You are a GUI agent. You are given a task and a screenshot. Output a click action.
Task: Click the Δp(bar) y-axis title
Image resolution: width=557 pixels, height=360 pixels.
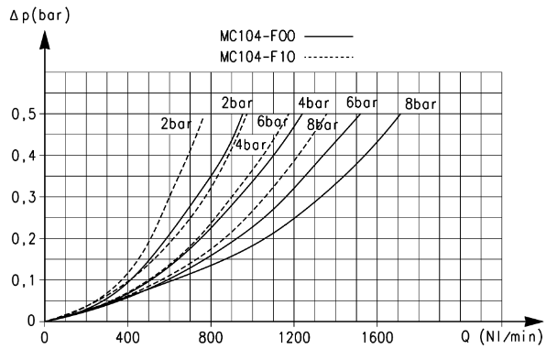pyautogui.click(x=39, y=16)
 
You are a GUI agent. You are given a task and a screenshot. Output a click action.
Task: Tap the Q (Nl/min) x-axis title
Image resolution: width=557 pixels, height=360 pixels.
pyautogui.click(x=502, y=336)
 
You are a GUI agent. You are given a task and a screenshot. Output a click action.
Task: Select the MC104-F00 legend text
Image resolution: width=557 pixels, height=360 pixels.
pyautogui.click(x=257, y=37)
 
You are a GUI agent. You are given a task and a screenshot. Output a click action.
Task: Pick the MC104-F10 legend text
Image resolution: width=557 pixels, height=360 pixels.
pyautogui.click(x=257, y=57)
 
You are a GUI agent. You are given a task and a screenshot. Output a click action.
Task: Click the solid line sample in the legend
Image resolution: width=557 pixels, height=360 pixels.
pyautogui.click(x=329, y=37)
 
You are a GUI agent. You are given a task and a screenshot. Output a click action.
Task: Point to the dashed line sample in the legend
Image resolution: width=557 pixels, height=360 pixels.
pyautogui.click(x=329, y=57)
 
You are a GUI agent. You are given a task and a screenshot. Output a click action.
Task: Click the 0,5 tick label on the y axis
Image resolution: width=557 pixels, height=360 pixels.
pyautogui.click(x=24, y=115)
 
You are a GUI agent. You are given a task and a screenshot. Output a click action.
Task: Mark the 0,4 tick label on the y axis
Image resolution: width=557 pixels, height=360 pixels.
pyautogui.click(x=24, y=156)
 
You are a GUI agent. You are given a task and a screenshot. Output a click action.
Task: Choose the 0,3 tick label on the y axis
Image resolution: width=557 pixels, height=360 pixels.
pyautogui.click(x=24, y=197)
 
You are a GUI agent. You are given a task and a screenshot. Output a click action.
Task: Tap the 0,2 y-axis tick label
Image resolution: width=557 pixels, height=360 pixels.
pyautogui.click(x=24, y=239)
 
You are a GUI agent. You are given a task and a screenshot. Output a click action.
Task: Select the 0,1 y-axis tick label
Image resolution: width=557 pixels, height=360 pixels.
pyautogui.click(x=24, y=280)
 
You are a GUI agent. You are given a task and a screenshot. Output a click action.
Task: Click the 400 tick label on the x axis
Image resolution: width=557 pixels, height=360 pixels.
pyautogui.click(x=127, y=338)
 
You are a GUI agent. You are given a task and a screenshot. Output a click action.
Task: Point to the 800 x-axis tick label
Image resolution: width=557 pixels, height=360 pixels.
pyautogui.click(x=211, y=338)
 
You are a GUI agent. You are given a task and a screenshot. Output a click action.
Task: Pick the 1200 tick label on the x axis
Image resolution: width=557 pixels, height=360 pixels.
pyautogui.click(x=294, y=338)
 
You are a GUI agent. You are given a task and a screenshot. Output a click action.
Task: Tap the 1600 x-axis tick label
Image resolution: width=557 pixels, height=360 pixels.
pyautogui.click(x=377, y=338)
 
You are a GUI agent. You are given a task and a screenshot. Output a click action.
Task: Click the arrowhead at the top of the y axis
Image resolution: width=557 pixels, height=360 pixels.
pyautogui.click(x=45, y=39)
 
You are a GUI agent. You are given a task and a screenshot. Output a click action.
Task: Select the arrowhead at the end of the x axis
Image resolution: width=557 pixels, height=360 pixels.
pyautogui.click(x=534, y=322)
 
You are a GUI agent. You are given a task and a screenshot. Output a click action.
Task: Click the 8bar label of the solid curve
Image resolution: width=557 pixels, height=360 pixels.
pyautogui.click(x=420, y=104)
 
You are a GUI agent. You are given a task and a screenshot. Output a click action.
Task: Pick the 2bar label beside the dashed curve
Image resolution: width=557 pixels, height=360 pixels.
pyautogui.click(x=176, y=124)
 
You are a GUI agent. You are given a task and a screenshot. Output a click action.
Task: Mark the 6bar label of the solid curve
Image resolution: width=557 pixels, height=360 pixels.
pyautogui.click(x=362, y=103)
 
